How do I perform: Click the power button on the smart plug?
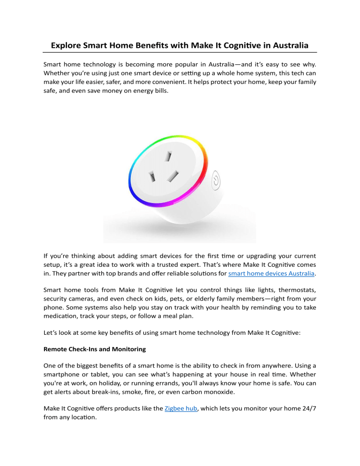(216, 180)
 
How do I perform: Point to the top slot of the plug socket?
(166, 156)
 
